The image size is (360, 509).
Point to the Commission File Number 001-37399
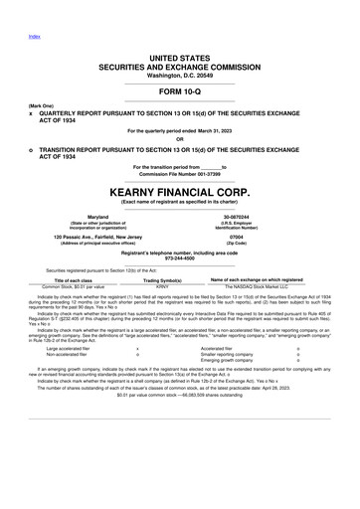coord(179,174)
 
